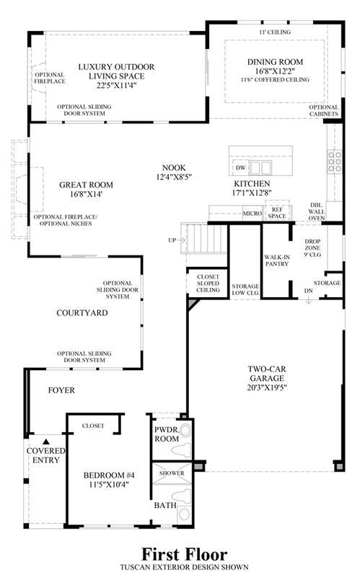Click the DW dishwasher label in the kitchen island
(240, 167)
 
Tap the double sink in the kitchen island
(260, 167)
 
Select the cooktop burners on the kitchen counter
(335, 162)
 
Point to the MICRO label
(253, 214)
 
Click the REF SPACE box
(277, 213)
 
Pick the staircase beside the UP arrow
(204, 238)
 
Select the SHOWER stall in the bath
(172, 473)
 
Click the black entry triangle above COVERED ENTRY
(45, 442)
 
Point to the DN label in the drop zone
(308, 291)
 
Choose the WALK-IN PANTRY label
(277, 260)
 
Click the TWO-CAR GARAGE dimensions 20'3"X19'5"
(267, 387)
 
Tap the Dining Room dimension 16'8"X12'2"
(275, 71)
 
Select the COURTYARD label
(82, 312)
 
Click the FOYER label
(61, 390)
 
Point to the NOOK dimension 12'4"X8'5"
(174, 177)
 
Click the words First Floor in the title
(184, 554)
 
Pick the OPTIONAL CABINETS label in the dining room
(324, 110)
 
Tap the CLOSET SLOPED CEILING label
(208, 283)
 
